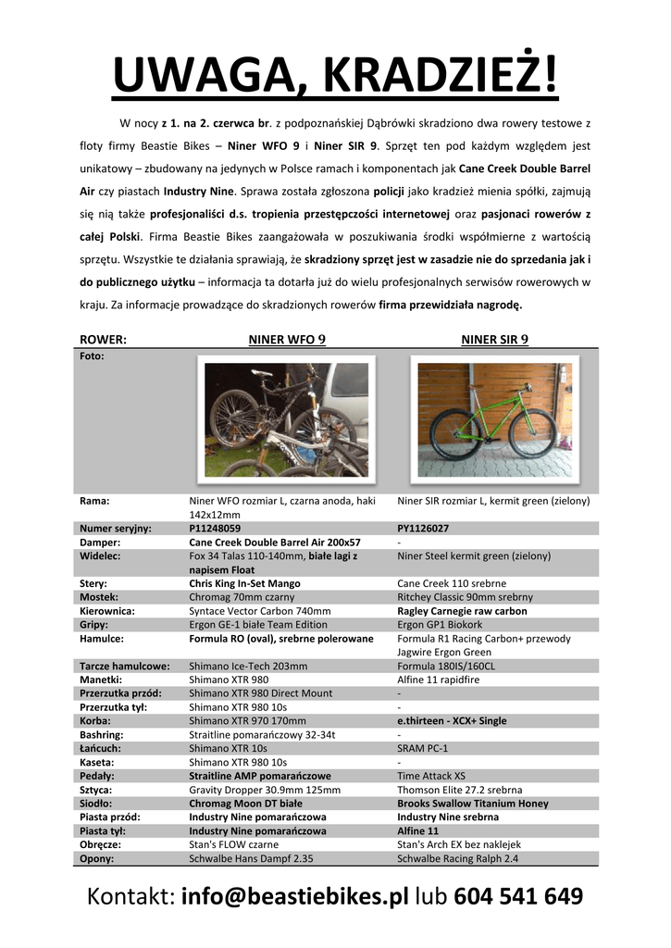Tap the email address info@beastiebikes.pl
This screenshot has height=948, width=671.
coord(294,896)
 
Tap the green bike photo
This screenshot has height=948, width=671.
coord(494,419)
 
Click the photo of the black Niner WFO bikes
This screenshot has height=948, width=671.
coord(287,419)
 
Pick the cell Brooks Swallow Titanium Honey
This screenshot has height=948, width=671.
coord(473,804)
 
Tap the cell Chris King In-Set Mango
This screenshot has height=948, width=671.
coord(244,584)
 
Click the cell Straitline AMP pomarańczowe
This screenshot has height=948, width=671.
coord(260,776)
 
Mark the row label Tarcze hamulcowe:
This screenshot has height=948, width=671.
coord(125,666)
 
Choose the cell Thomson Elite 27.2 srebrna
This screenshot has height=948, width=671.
coord(460,790)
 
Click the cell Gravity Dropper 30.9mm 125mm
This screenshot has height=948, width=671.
coord(265,790)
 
